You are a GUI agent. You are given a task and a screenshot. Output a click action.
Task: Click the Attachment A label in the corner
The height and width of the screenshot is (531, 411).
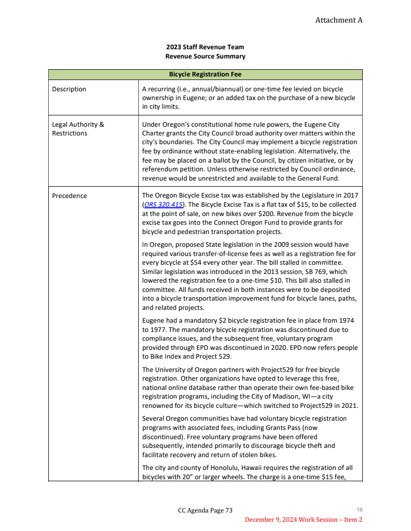[x=339, y=20]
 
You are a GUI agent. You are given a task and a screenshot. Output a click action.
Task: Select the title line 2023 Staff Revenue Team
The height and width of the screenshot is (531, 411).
[x=205, y=47]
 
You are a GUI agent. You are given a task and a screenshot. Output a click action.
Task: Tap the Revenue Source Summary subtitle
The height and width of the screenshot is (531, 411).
[x=205, y=56]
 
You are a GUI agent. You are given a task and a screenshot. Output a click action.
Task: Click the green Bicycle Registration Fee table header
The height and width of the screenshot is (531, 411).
[x=205, y=74]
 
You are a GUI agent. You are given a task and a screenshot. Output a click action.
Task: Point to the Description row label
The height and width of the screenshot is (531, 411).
[x=69, y=89]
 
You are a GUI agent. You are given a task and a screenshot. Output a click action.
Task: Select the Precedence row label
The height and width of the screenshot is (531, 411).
[x=69, y=195]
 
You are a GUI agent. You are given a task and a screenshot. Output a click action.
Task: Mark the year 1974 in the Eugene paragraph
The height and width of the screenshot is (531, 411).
[x=346, y=321]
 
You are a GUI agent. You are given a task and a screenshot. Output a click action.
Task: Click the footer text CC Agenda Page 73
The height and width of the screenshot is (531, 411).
[x=205, y=510]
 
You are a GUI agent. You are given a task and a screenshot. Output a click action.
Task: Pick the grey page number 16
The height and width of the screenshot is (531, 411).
[x=360, y=509]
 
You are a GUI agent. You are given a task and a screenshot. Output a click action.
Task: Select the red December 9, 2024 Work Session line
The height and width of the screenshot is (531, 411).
[x=303, y=520]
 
